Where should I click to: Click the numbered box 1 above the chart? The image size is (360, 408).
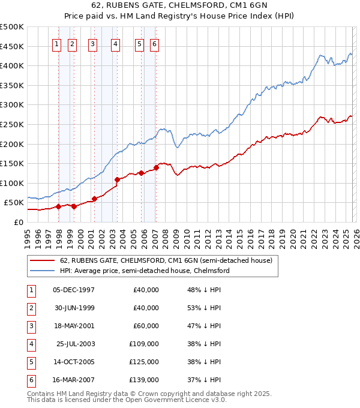(56, 44)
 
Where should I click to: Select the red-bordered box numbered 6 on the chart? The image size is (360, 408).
(154, 44)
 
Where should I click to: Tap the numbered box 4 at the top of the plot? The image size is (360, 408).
(115, 44)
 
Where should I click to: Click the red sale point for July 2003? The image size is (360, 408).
(117, 179)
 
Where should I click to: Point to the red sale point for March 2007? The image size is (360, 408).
(156, 167)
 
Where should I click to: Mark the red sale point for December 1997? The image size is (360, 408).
(58, 206)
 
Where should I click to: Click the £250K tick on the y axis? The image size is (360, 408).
(12, 124)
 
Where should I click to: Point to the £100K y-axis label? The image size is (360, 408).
(12, 183)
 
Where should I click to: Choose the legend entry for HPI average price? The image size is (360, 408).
(145, 271)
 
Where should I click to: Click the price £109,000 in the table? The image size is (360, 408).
(144, 344)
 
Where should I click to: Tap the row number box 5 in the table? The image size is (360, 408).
(31, 362)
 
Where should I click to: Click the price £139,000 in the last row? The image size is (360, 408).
(144, 380)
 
